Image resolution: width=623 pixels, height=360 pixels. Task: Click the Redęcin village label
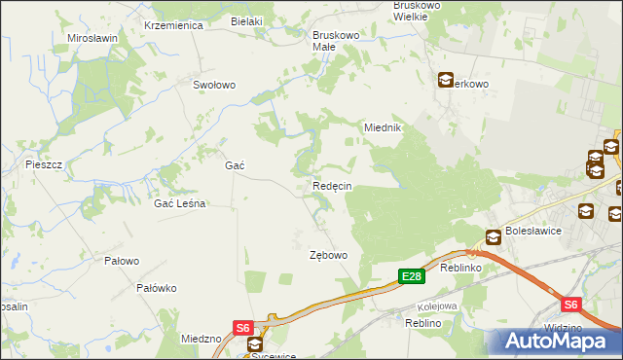point(332,186)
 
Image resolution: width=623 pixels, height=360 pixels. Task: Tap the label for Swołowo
point(214,85)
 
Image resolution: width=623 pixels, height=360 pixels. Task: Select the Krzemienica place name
point(172,25)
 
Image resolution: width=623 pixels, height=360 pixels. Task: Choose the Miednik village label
point(383,127)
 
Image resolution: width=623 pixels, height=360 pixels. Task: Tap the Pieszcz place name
point(44,164)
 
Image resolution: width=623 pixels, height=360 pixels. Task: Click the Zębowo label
point(328,255)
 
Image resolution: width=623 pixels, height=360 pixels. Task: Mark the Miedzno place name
point(202,339)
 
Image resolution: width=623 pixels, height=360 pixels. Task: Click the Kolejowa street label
point(439,306)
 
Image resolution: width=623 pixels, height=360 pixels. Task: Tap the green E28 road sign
point(412,277)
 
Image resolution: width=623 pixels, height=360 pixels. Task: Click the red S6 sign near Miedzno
point(242,329)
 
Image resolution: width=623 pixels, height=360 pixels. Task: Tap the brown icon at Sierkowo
point(445,81)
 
